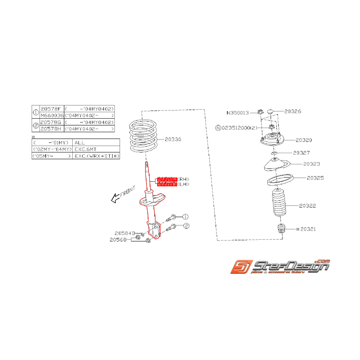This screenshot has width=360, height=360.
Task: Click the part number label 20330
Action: tap(173, 139)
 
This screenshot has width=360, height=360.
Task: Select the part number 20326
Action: tap(293, 111)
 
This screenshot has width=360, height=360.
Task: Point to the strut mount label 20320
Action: tap(304, 140)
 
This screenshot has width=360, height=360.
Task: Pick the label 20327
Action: tap(301, 153)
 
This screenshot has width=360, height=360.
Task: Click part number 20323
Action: tap(312, 164)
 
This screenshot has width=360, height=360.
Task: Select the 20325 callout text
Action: tap(316, 178)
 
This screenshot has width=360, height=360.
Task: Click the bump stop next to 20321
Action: tap(282, 229)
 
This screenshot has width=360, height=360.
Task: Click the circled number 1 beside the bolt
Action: tap(185, 217)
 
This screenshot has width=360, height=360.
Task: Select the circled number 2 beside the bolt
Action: tap(186, 226)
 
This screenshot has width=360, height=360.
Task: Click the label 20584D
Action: tap(125, 233)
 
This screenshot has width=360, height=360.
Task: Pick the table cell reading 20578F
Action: tap(51, 109)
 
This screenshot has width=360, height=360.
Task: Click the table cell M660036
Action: tap(51, 116)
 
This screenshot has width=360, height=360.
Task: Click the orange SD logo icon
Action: tap(242, 267)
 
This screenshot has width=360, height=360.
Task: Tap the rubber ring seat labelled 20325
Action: tap(280, 181)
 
